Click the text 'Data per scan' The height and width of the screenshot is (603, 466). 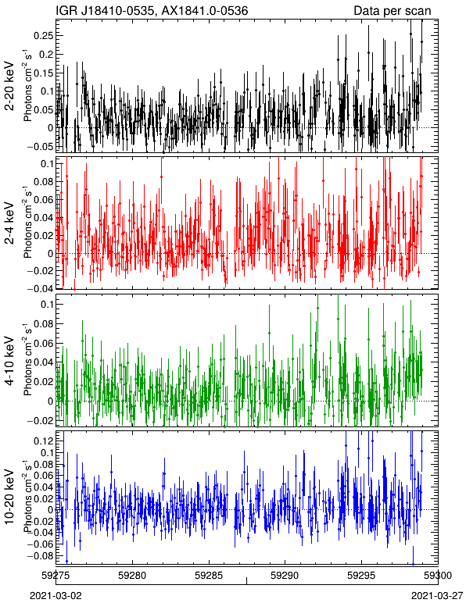(393, 11)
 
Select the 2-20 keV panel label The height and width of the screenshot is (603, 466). (9, 86)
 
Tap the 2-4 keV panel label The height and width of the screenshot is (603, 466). (9, 223)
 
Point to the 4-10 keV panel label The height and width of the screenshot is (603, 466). (9, 360)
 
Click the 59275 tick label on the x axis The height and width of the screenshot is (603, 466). (56, 576)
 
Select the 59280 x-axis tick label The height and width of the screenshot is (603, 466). (132, 576)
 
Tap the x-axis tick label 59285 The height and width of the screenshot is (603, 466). (209, 576)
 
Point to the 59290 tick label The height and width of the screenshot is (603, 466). (285, 576)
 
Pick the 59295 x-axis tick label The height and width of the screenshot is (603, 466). (362, 576)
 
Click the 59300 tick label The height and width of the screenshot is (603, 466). (438, 576)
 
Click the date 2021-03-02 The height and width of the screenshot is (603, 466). (56, 596)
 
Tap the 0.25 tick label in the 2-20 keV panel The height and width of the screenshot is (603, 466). (44, 35)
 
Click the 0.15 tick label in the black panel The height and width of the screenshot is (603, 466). (44, 73)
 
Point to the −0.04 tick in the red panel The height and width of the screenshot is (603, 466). (41, 288)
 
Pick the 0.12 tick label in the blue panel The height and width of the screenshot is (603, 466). (44, 441)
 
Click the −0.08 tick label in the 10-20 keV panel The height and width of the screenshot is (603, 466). (41, 556)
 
